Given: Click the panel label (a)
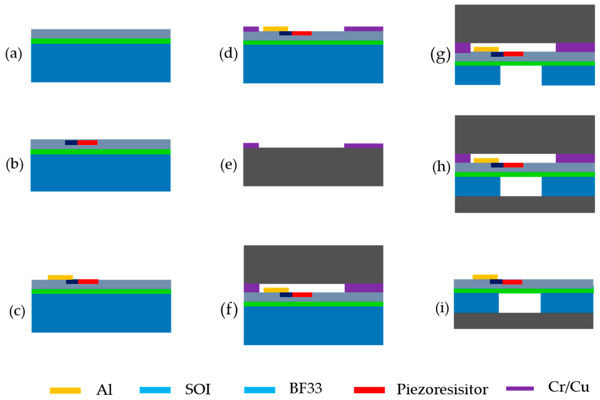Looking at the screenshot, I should [14, 54].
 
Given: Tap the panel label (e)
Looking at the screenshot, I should [229, 165].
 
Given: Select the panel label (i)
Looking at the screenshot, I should [442, 308].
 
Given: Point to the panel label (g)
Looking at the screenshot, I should [441, 55].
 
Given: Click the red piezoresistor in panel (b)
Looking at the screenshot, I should [87, 143].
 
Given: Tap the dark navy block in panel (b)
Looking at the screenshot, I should [71, 143].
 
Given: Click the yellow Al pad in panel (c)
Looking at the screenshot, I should [60, 277].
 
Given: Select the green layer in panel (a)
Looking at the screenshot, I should [101, 41].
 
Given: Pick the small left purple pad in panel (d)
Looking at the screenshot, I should [251, 29].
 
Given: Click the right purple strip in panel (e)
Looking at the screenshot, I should [364, 146].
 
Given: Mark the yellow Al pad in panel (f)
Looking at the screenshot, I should [276, 290].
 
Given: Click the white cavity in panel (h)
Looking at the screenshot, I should [521, 187].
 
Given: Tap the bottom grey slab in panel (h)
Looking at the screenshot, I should [524, 204].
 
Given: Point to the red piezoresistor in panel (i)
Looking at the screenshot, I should [512, 282].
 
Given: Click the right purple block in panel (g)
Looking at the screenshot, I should [575, 47].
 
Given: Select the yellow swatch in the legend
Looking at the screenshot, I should [65, 390].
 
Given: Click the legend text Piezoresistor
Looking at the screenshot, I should [442, 389].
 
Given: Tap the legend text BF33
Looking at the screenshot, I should [305, 388].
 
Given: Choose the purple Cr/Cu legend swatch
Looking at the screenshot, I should [520, 388].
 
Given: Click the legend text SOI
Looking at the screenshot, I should [198, 389].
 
